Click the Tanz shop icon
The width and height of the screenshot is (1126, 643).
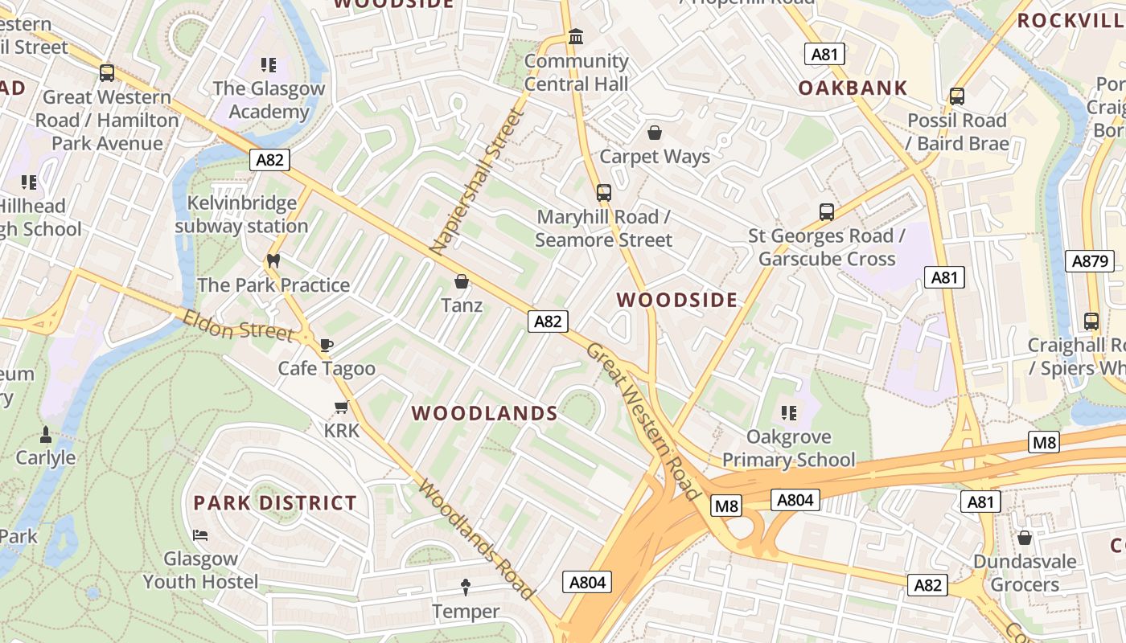click(x=462, y=281)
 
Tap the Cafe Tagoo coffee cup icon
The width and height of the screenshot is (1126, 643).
click(x=326, y=345)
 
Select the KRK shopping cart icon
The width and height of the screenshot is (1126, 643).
click(x=342, y=407)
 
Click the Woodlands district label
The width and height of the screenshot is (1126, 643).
click(x=484, y=413)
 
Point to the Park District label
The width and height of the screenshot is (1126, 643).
click(x=274, y=503)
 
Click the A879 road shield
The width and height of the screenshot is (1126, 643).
click(x=1091, y=260)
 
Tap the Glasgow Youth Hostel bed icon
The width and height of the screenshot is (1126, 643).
click(x=200, y=534)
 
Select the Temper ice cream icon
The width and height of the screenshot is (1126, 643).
click(x=465, y=587)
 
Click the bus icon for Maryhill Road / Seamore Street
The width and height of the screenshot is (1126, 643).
click(x=603, y=193)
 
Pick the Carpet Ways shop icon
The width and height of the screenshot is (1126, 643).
click(x=655, y=133)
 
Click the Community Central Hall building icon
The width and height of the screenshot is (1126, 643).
click(x=576, y=37)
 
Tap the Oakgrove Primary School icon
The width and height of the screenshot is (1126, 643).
click(x=788, y=413)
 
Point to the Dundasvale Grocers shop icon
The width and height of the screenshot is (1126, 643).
click(x=1024, y=537)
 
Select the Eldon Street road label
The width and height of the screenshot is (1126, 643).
click(x=237, y=326)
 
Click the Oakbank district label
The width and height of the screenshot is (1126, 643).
click(x=853, y=88)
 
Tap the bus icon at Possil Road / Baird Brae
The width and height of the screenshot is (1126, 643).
click(x=956, y=96)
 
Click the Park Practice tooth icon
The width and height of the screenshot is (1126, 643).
click(x=273, y=261)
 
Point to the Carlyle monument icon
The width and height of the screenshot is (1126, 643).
click(x=46, y=434)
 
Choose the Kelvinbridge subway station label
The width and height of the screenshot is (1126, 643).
click(x=241, y=215)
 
